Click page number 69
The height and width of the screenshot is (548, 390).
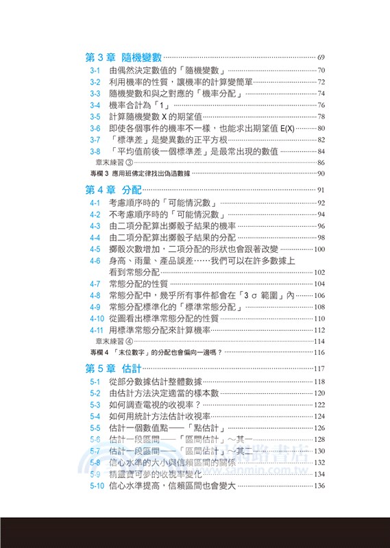[321, 58]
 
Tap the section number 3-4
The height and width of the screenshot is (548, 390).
[95, 105]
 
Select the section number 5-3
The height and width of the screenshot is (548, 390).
[95, 405]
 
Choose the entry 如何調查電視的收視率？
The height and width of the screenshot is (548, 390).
[158, 405]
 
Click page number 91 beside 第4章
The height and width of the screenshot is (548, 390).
[321, 190]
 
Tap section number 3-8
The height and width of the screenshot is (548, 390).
[95, 151]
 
